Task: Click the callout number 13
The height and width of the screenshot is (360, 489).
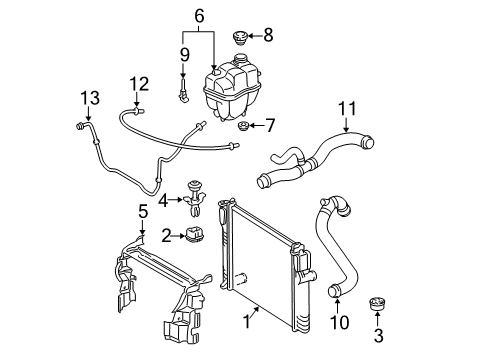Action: tap(90, 98)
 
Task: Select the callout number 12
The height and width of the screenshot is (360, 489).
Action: tap(139, 84)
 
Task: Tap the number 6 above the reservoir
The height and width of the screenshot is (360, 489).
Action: tap(199, 16)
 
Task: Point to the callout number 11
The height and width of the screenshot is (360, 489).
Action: tap(347, 108)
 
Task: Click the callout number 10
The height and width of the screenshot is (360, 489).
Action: tap(340, 322)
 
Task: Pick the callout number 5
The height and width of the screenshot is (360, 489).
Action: tap(143, 212)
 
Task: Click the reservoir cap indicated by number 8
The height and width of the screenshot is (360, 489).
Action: tap(239, 38)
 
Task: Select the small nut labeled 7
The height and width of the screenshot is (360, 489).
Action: tap(243, 126)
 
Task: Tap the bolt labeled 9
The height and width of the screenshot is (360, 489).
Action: tap(184, 90)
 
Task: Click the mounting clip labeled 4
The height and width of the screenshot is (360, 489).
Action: tap(193, 198)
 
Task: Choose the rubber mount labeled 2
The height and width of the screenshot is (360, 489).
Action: tap(194, 235)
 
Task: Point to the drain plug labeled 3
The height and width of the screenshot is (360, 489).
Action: tap(377, 304)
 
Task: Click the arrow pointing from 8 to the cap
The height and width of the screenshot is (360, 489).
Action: tap(255, 36)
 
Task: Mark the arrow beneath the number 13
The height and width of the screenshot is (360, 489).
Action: tap(88, 114)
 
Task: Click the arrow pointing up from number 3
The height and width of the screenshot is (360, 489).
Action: tap(377, 319)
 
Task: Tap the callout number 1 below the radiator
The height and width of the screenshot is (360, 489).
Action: tap(247, 322)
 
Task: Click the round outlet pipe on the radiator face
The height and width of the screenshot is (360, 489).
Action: tap(240, 279)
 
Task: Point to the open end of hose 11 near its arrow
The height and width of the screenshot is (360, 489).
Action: tap(368, 142)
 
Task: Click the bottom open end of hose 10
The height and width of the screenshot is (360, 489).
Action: tap(334, 291)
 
